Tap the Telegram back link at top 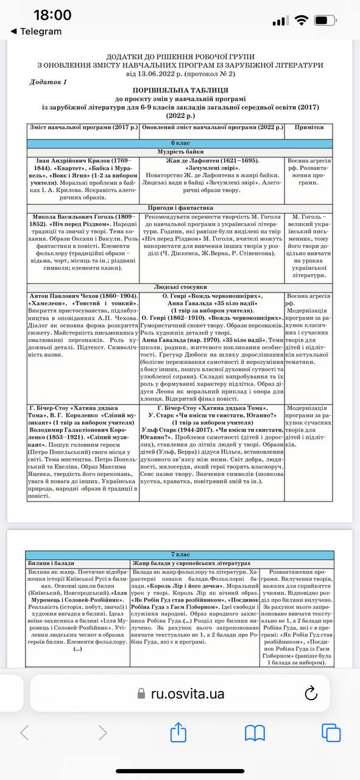pos(41,31)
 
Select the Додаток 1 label pos(48,82)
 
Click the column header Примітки pos(308,127)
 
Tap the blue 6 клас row pos(180,143)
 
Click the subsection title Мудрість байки pos(180,152)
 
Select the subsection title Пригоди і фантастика pos(180,208)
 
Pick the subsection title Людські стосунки pos(180,286)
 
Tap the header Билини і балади pos(53,564)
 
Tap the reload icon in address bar pos(311,693)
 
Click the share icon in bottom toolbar pos(178,732)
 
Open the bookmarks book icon pos(255,732)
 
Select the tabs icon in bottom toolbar pos(331,732)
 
